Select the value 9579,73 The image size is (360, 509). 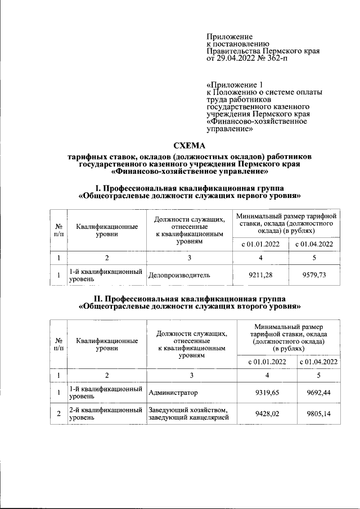314,275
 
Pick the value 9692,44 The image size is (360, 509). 318,392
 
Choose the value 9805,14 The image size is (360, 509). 318,415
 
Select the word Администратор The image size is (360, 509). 174,392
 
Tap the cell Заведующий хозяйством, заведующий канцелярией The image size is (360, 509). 189,415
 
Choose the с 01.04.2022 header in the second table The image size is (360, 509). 318,362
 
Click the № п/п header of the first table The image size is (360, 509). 58,229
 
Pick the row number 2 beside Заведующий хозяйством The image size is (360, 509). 58,415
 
